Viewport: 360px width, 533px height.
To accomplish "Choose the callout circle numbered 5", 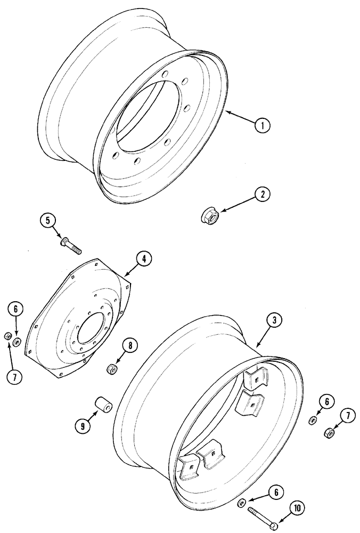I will point(47,220).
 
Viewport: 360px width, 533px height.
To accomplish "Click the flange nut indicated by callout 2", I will point(208,215).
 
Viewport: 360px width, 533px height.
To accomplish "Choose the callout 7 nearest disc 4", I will point(14,376).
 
